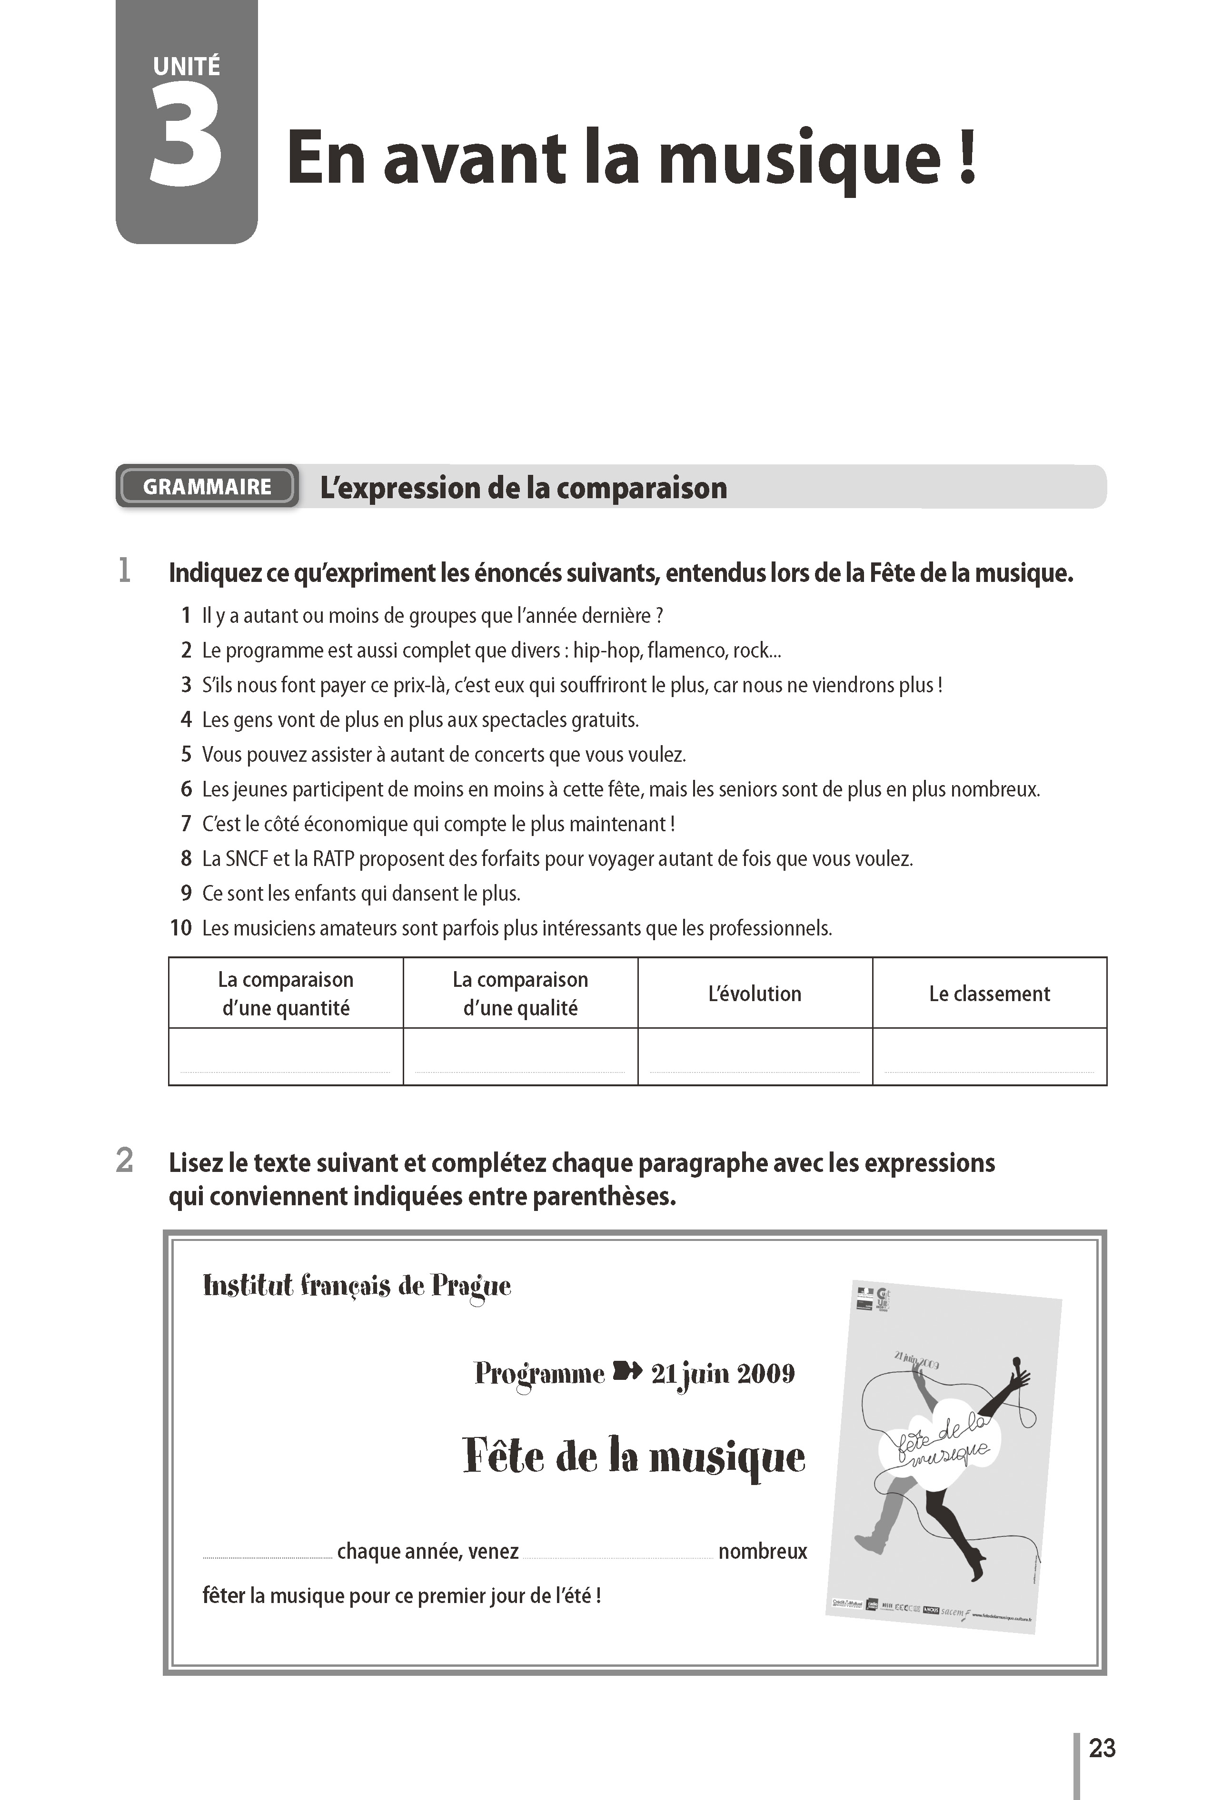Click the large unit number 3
(186, 138)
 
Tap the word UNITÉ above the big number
(186, 67)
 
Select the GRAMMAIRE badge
(207, 486)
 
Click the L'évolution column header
(754, 993)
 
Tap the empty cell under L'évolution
(754, 1056)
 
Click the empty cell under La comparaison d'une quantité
(285, 1056)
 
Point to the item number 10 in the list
(180, 928)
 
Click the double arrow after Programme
(627, 1372)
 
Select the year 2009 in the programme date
(765, 1373)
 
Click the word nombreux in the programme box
(763, 1551)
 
